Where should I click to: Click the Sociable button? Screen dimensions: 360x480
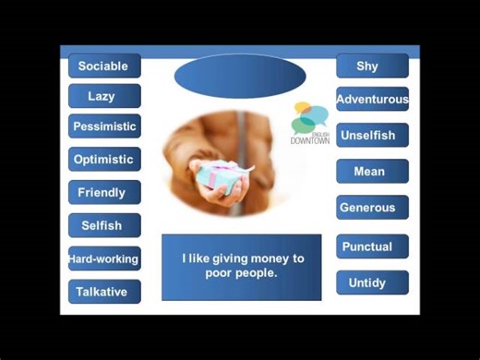[x=104, y=66]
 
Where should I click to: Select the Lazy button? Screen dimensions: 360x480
[x=104, y=96]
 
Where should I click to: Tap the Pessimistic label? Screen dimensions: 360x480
[x=104, y=126]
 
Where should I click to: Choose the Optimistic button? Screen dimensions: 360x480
[x=104, y=159]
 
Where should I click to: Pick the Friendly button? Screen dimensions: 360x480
[x=104, y=192]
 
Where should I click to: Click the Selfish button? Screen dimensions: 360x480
[x=104, y=225]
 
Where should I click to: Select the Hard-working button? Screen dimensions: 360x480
[x=104, y=258]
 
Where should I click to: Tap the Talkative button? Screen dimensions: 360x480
[x=104, y=292]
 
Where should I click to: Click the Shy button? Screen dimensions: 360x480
[x=372, y=66]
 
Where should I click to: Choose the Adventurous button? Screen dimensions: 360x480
[x=372, y=99]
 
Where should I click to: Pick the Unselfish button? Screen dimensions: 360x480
[x=372, y=135]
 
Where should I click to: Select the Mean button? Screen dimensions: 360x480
[x=372, y=171]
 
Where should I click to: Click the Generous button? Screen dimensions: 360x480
[x=372, y=207]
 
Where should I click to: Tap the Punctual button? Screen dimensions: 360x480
[x=372, y=246]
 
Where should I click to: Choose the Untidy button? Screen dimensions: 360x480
[x=372, y=282]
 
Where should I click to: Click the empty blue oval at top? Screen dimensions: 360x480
[x=239, y=76]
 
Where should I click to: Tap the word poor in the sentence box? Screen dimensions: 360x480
[x=221, y=273]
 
